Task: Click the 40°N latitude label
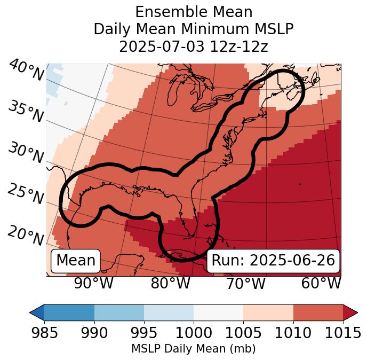26,71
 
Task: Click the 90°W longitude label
94,284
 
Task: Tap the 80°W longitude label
170,284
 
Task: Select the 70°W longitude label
245,284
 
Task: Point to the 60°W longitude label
321,284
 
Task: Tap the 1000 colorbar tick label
194,333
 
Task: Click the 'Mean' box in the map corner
76,261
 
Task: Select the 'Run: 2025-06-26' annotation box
273,261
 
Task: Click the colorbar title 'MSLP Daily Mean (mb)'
194,349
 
